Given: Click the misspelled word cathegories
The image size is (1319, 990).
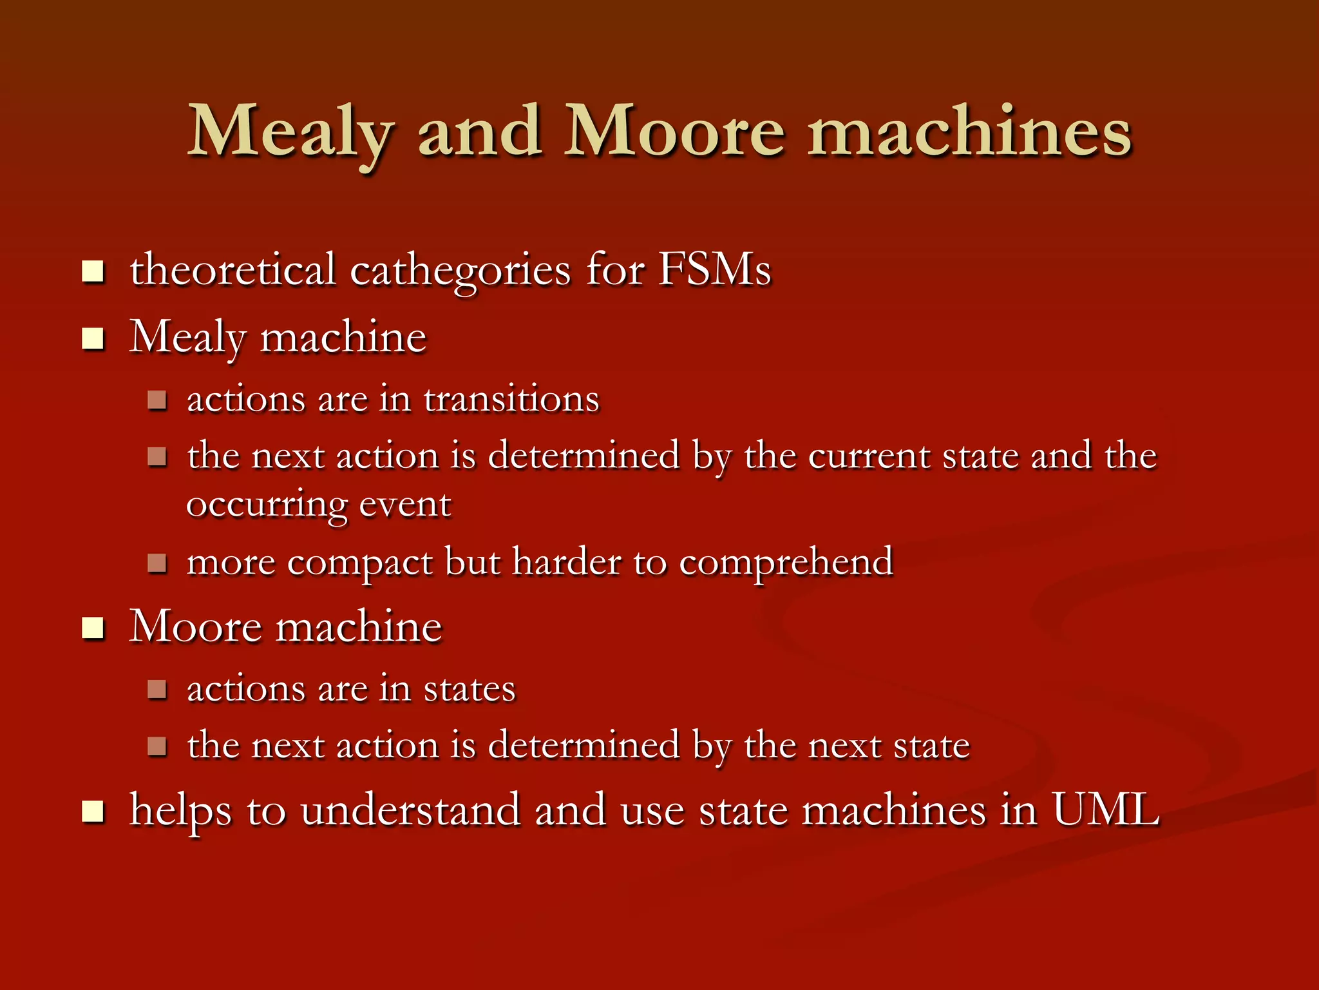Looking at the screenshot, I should (460, 270).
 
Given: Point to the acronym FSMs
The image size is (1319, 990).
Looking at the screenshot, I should (714, 269).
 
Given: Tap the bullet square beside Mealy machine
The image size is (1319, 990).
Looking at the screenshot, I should (93, 338).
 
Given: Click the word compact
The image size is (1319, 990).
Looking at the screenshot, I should (359, 562).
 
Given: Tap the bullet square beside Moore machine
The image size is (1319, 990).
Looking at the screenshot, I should (93, 627).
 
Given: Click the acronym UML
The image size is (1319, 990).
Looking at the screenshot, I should (1105, 810).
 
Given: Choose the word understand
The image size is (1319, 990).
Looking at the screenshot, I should (410, 810).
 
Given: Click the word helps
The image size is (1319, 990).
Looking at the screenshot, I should (180, 811).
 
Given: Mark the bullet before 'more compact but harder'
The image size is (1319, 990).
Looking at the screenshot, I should (157, 563).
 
